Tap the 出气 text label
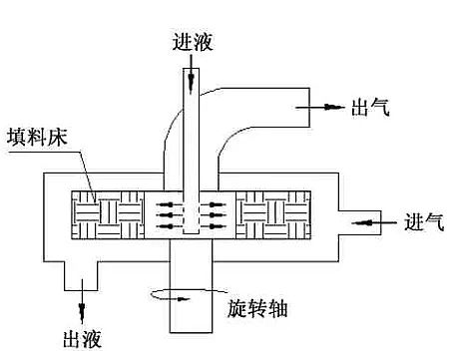point(369,107)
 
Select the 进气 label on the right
point(425,221)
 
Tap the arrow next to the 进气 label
point(384,220)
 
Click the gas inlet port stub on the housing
point(361,221)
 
